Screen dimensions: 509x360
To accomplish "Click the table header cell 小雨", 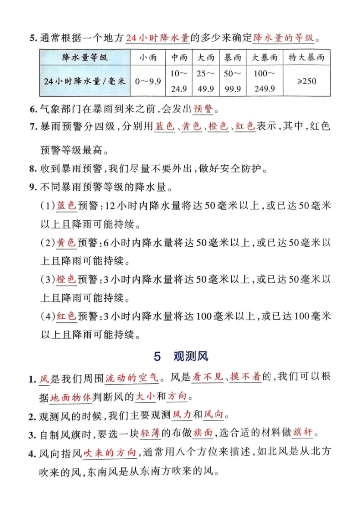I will pyautogui.click(x=148, y=58).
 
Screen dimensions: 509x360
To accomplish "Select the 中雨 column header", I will pyautogui.click(x=179, y=58).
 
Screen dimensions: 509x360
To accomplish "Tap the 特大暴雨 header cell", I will pyautogui.click(x=307, y=58).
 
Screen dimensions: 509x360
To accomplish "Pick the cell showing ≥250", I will pyautogui.click(x=307, y=81).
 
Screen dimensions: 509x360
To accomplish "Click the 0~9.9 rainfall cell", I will pyautogui.click(x=148, y=81).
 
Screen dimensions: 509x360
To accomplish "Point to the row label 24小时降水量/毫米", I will pyautogui.click(x=85, y=81).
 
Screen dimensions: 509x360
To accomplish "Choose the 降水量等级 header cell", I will pyautogui.click(x=85, y=58).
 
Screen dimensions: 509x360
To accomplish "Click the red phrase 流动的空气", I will pyautogui.click(x=132, y=379).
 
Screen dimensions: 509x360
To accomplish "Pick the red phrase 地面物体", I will pyautogui.click(x=71, y=397).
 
